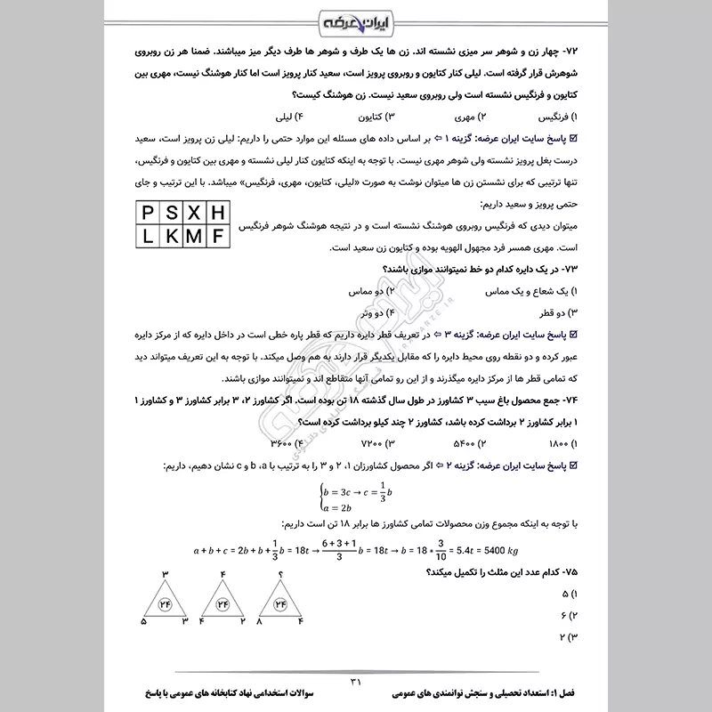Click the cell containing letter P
pyautogui.click(x=145, y=211)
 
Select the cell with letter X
pyautogui.click(x=193, y=211)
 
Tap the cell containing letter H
pyautogui.click(x=217, y=211)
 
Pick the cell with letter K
pyautogui.click(x=169, y=236)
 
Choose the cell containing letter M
pyautogui.click(x=193, y=236)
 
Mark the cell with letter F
pyautogui.click(x=217, y=236)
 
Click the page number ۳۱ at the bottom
pyautogui.click(x=356, y=681)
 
